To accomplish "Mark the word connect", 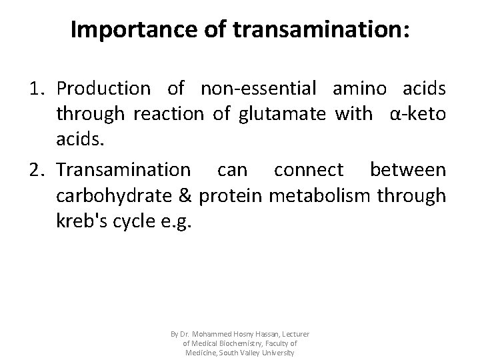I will click(311, 171).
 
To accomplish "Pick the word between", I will click(407, 171).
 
